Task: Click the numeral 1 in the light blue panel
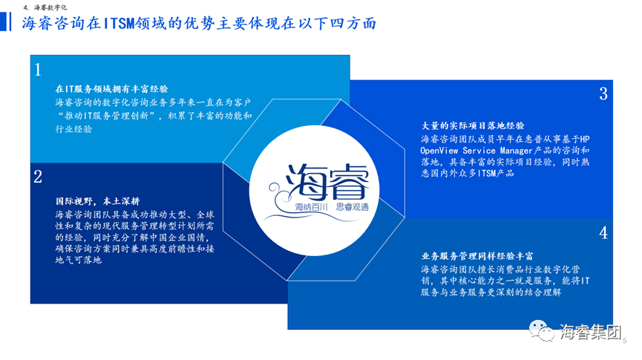coord(38,70)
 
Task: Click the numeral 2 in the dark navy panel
coord(38,177)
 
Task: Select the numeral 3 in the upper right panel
coord(603,94)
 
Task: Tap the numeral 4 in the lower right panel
coord(603,233)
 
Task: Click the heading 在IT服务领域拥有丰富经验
coord(112,89)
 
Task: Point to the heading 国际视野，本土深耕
coord(97,201)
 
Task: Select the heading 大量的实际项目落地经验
coord(473,125)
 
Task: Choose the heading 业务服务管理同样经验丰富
coord(477,256)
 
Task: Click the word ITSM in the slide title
coord(119,23)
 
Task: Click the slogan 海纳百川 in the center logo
coord(312,207)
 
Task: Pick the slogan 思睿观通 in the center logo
coord(352,207)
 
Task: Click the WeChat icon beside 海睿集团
coord(541,330)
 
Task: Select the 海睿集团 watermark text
coord(590,332)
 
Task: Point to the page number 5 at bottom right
coord(624,341)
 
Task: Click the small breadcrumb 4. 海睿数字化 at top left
coord(45,7)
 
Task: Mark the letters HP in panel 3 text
coord(585,140)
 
